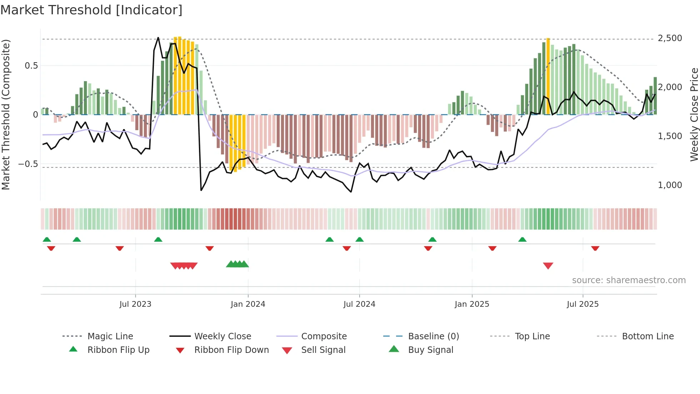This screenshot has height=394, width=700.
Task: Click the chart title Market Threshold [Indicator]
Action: [91, 10]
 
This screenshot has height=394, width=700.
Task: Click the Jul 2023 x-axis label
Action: [135, 304]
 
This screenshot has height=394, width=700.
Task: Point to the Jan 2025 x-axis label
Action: [472, 304]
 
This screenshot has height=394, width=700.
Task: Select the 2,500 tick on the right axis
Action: [670, 38]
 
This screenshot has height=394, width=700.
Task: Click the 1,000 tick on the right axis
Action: [670, 185]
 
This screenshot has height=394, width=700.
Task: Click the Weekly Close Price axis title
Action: [694, 114]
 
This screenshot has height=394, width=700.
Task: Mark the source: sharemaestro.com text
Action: [629, 280]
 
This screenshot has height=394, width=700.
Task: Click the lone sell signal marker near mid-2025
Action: [548, 266]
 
